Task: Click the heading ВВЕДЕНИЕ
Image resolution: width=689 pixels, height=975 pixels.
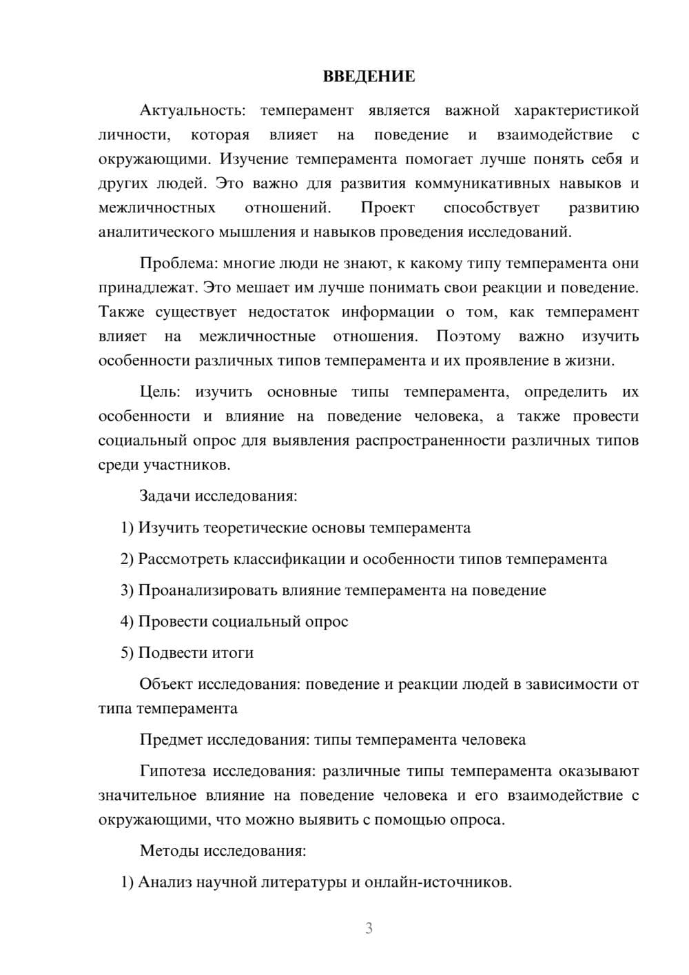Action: click(x=369, y=77)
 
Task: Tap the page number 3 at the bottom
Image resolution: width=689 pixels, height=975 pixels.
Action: click(x=369, y=928)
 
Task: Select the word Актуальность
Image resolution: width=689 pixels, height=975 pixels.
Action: click(x=191, y=110)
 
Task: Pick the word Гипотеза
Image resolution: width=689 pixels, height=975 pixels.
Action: click(x=172, y=771)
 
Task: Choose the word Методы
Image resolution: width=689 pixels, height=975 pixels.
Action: click(x=169, y=850)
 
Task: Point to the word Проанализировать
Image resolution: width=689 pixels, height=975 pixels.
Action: click(x=212, y=590)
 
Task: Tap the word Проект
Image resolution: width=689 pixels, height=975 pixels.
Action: click(x=388, y=208)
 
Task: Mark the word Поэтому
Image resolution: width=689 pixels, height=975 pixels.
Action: click(x=469, y=336)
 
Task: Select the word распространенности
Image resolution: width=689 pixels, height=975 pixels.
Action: click(x=431, y=441)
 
